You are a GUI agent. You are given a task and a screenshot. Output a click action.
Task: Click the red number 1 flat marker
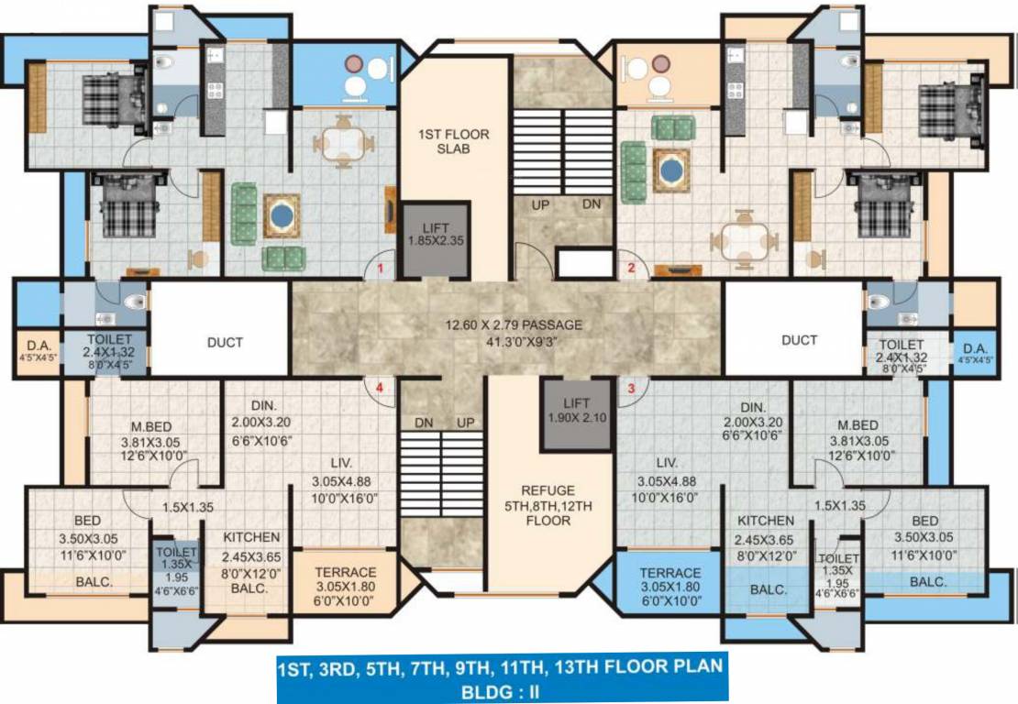380,269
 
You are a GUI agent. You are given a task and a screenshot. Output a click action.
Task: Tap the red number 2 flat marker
631,268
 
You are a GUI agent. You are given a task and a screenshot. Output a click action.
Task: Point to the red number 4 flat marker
379,387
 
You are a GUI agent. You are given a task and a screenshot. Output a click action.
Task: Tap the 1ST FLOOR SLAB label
466,141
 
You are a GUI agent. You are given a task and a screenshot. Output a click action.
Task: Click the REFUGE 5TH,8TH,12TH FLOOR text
548,505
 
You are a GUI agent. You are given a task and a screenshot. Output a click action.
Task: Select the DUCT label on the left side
225,342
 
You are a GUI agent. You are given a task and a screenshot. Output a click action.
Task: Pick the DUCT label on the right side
799,340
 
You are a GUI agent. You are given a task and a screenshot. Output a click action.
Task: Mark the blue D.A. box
975,352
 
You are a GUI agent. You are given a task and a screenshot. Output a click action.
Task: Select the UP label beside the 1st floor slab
540,204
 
